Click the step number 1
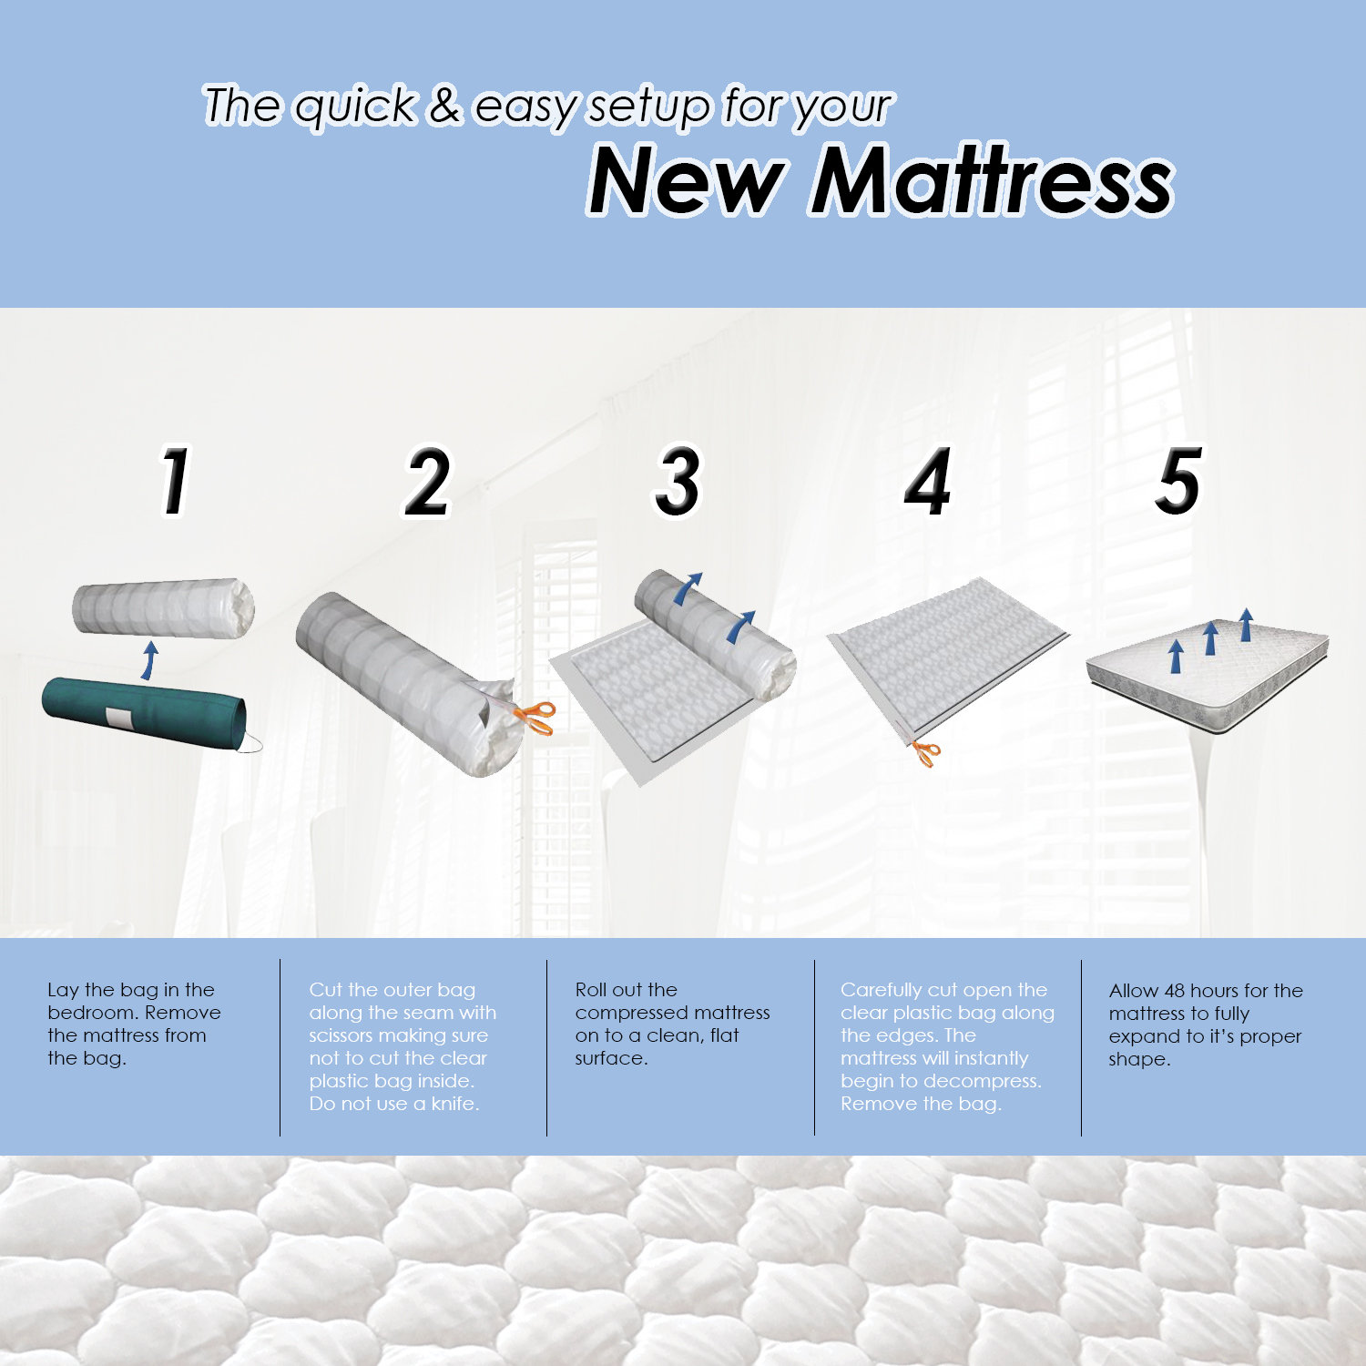(x=174, y=480)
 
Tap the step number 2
(x=426, y=482)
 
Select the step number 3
(x=678, y=482)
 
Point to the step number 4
(x=928, y=482)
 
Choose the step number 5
(x=1178, y=480)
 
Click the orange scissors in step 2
(x=535, y=717)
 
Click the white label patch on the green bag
(x=119, y=718)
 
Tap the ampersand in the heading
(x=444, y=106)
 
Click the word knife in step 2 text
(x=454, y=1104)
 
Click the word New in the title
(x=686, y=181)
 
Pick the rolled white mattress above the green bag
(x=162, y=607)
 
